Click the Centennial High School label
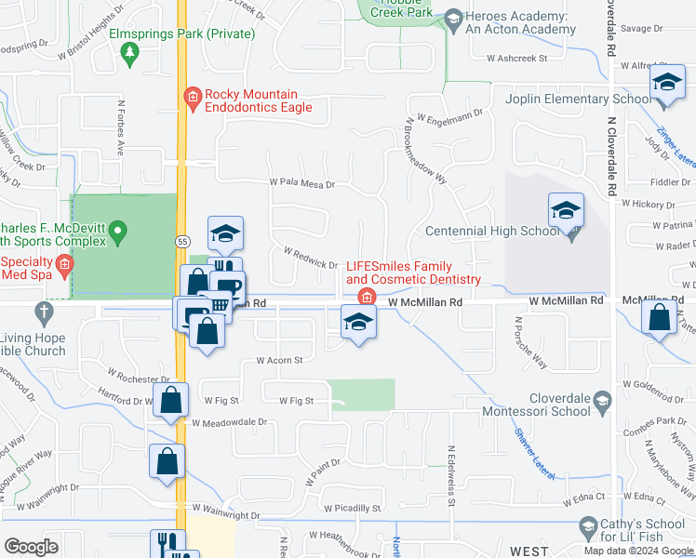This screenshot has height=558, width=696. pos(491,232)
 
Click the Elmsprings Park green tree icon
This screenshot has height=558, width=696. pos(128,55)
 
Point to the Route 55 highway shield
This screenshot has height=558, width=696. pos(182,241)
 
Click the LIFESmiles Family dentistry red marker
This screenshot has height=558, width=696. pos(367,298)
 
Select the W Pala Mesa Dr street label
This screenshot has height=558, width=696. pos(301,184)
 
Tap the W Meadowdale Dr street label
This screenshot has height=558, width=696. pos(229,421)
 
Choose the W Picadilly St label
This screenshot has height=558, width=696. pos(353,509)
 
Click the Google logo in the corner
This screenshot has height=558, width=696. pos(31,547)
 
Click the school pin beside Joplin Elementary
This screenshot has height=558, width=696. pos(666,85)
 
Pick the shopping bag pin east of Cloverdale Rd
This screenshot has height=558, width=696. pos(660,317)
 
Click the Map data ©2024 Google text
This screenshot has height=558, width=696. pos(637,551)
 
